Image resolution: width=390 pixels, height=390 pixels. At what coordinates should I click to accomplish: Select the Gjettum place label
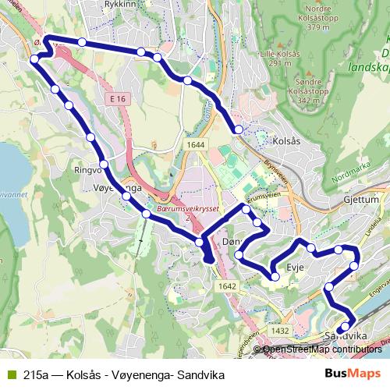click(x=360, y=200)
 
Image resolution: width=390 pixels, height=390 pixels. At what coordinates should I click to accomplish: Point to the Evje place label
click(x=295, y=268)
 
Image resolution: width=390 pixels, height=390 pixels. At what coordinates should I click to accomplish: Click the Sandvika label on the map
click(x=345, y=335)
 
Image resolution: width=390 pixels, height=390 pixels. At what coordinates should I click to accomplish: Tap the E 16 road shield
click(x=118, y=99)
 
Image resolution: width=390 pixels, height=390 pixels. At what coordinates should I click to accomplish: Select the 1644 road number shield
click(x=196, y=144)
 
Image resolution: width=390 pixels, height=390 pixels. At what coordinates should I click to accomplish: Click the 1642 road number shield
click(x=228, y=287)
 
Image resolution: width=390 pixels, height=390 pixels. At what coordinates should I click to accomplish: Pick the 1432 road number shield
click(x=282, y=331)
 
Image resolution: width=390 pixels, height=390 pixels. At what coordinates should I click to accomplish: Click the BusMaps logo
click(x=353, y=374)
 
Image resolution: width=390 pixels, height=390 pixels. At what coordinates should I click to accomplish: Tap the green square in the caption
click(x=10, y=375)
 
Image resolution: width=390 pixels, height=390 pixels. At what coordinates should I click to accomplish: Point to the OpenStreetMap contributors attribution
click(x=321, y=349)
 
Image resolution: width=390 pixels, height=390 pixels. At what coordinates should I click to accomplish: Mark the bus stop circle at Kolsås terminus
click(x=239, y=129)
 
